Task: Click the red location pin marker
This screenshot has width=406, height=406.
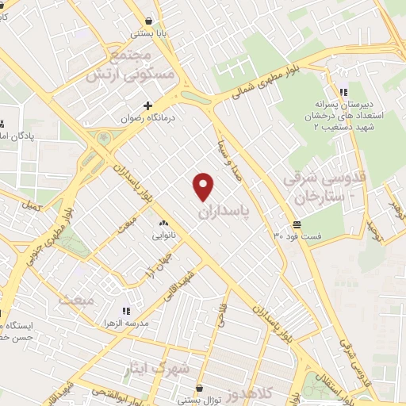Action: (204, 186)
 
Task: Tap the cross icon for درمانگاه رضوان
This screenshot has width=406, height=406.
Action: (147, 105)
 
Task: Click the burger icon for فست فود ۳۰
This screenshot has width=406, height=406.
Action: (296, 224)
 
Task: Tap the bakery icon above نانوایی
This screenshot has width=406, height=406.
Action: (164, 224)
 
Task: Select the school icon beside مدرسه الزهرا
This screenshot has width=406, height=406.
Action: (125, 312)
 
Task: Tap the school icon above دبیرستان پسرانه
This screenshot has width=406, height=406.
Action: (343, 90)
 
